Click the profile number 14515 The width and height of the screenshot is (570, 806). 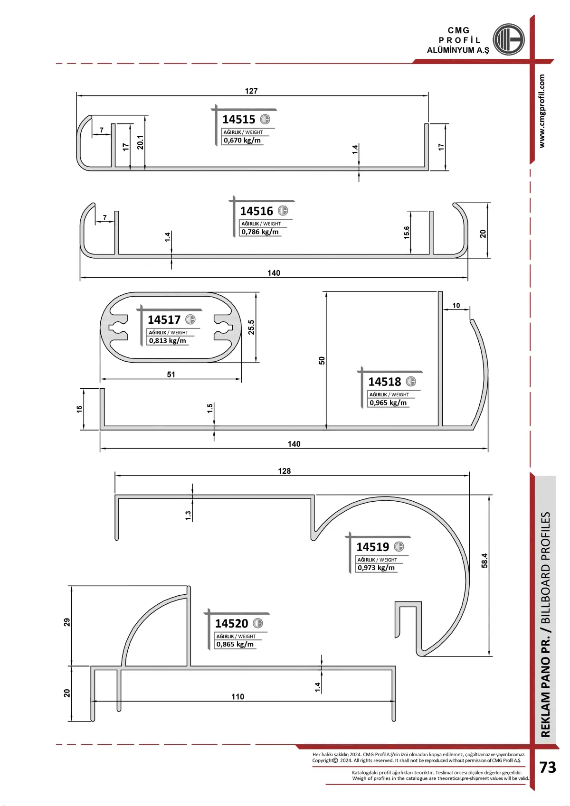pyautogui.click(x=238, y=119)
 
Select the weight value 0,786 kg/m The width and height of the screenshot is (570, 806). pyautogui.click(x=260, y=232)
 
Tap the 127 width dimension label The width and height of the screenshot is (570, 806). pyautogui.click(x=251, y=91)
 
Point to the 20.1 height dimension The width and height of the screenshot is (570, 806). pyautogui.click(x=140, y=142)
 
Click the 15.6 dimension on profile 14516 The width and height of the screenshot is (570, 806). pyautogui.click(x=407, y=233)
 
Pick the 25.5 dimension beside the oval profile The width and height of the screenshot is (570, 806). pyautogui.click(x=251, y=327)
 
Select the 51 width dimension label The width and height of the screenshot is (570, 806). pyautogui.click(x=171, y=374)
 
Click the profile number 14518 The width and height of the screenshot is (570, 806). pyautogui.click(x=384, y=382)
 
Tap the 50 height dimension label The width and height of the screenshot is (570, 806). pyautogui.click(x=322, y=360)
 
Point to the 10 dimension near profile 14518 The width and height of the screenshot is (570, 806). pyautogui.click(x=456, y=305)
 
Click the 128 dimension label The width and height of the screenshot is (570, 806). pyautogui.click(x=284, y=471)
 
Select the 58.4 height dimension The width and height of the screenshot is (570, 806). pyautogui.click(x=484, y=561)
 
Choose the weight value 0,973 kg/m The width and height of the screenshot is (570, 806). pyautogui.click(x=376, y=567)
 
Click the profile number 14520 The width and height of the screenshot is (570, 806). pyautogui.click(x=231, y=623)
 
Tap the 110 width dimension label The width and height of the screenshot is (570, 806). pyautogui.click(x=237, y=696)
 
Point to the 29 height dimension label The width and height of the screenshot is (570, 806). pyautogui.click(x=67, y=622)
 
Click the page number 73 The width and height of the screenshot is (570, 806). pyautogui.click(x=547, y=767)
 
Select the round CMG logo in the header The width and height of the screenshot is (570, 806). pyautogui.click(x=508, y=39)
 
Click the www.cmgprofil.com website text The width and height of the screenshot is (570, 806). pyautogui.click(x=541, y=111)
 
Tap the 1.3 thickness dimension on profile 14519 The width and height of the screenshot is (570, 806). pyautogui.click(x=188, y=515)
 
